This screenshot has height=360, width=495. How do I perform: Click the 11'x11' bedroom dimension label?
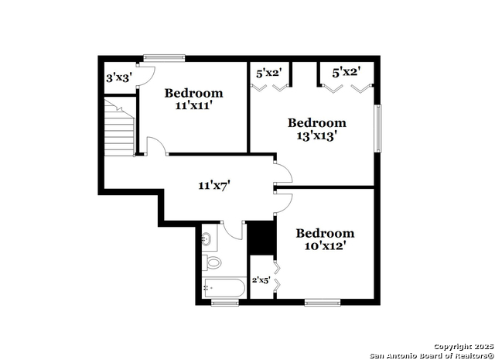tap(193, 106)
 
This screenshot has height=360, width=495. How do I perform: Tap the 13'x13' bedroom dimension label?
tap(316, 136)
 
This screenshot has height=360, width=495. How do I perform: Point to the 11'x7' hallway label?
tap(214, 186)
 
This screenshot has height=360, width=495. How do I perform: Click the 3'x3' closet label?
tap(119, 77)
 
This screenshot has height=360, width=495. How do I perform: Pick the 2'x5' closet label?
tap(261, 279)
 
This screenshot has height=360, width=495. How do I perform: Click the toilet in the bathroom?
tap(211, 262)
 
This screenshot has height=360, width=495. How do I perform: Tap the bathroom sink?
tap(207, 238)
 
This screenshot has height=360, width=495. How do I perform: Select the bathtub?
tap(224, 288)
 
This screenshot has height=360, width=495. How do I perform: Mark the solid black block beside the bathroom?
tap(261, 238)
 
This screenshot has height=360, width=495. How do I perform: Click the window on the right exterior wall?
tap(378, 129)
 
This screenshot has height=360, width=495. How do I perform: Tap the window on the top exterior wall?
tap(164, 58)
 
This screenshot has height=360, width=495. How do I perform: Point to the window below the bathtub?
tap(225, 303)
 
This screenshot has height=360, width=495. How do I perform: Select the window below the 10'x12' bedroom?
tap(323, 303)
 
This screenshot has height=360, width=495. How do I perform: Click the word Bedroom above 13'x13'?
tap(317, 123)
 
